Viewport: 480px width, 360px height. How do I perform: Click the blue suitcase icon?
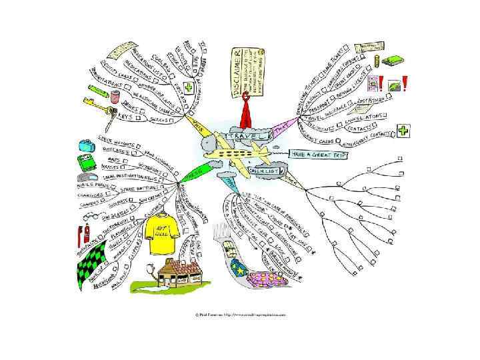tap(86, 145)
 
